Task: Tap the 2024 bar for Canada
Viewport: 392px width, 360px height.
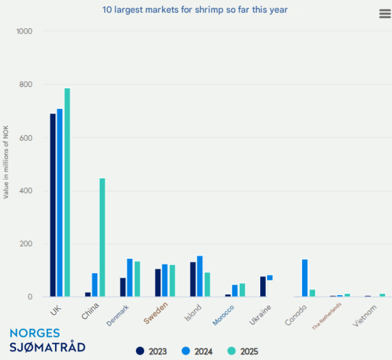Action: coord(305,278)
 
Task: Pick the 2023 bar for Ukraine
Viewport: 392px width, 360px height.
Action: coord(263,287)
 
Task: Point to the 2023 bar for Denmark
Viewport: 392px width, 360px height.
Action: coord(123,287)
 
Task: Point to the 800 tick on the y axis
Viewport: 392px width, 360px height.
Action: coord(25,84)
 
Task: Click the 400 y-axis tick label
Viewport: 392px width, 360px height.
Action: coord(25,191)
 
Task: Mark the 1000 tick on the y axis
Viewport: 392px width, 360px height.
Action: coord(24,31)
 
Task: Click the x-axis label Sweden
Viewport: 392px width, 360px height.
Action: coord(156,313)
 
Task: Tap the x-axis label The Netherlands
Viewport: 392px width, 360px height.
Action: coord(327,316)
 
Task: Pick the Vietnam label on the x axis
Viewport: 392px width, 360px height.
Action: coord(365,315)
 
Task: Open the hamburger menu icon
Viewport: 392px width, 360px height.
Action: coord(385,14)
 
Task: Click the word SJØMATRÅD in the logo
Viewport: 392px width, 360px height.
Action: coord(47,346)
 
